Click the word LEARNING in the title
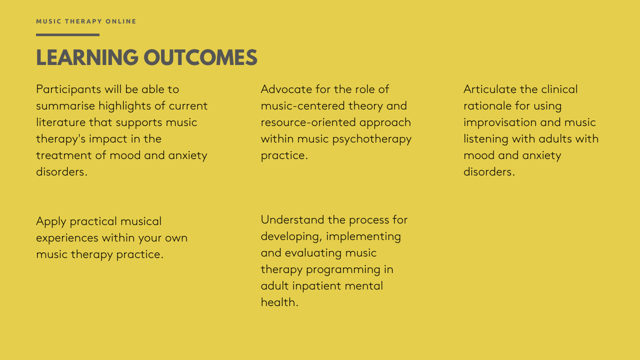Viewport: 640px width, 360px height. tap(87, 57)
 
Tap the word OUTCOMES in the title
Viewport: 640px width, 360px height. tap(200, 57)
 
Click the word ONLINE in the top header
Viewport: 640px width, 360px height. tap(121, 21)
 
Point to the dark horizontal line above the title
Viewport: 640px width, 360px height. tap(67, 35)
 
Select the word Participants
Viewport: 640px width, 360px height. tap(68, 89)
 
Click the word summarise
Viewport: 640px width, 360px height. tap(65, 106)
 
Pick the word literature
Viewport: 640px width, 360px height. tap(60, 122)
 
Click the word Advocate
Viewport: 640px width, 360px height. tap(286, 89)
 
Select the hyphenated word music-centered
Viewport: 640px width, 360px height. tap(302, 106)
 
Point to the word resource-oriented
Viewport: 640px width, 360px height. tap(308, 122)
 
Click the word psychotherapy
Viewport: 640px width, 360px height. tap(372, 139)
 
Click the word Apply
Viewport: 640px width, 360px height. tap(51, 221)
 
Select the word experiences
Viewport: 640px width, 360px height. tap(67, 238)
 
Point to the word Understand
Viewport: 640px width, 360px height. tap(292, 219)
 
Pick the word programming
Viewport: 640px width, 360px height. tap(343, 270)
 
